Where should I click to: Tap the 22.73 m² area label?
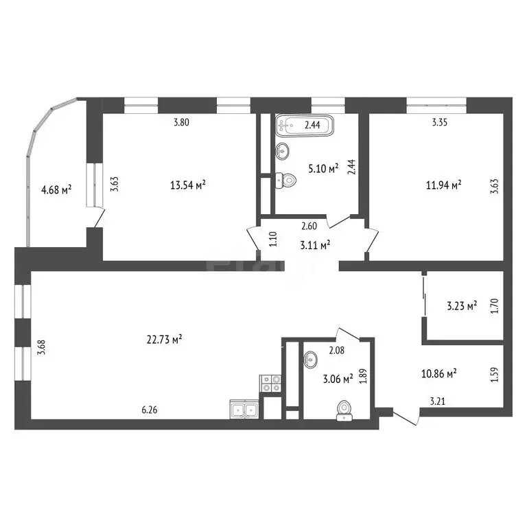[165, 338]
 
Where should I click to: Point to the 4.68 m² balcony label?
[57, 190]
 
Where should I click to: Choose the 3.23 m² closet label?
[461, 305]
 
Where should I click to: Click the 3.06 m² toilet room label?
[336, 377]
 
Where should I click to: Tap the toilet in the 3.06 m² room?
[344, 410]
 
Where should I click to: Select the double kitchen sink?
[244, 410]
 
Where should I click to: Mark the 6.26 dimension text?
[150, 410]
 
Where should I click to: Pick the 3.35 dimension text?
[439, 124]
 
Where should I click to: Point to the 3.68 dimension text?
[41, 348]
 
